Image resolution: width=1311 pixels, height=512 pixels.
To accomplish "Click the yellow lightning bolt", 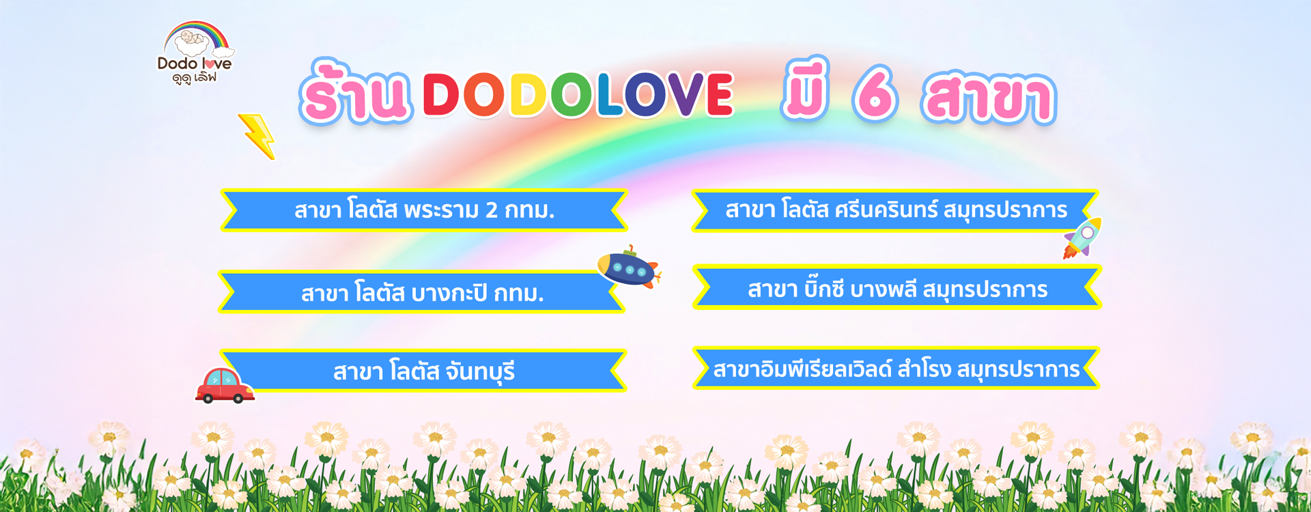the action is coord(257,136).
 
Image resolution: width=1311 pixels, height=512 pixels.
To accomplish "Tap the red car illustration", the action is coord(225,386).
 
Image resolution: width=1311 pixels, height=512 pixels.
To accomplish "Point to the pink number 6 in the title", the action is coord(875,94).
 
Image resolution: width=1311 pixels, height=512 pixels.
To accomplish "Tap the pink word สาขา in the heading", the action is coord(988,98).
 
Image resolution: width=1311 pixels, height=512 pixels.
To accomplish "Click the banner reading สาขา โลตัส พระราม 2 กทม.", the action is coord(424,210).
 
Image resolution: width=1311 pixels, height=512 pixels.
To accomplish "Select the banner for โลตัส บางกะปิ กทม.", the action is coord(421,292).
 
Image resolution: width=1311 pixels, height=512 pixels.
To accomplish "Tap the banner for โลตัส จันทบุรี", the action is coord(423,371).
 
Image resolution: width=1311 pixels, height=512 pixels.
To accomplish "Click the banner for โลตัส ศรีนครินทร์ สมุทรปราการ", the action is coord(895,210).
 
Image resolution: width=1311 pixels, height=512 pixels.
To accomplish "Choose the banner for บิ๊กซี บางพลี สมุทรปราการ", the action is coord(897,287).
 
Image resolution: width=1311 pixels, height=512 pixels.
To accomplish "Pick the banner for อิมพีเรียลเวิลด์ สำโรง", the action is coord(896,368).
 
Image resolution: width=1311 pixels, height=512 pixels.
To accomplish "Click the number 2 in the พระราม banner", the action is coord(492,210).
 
